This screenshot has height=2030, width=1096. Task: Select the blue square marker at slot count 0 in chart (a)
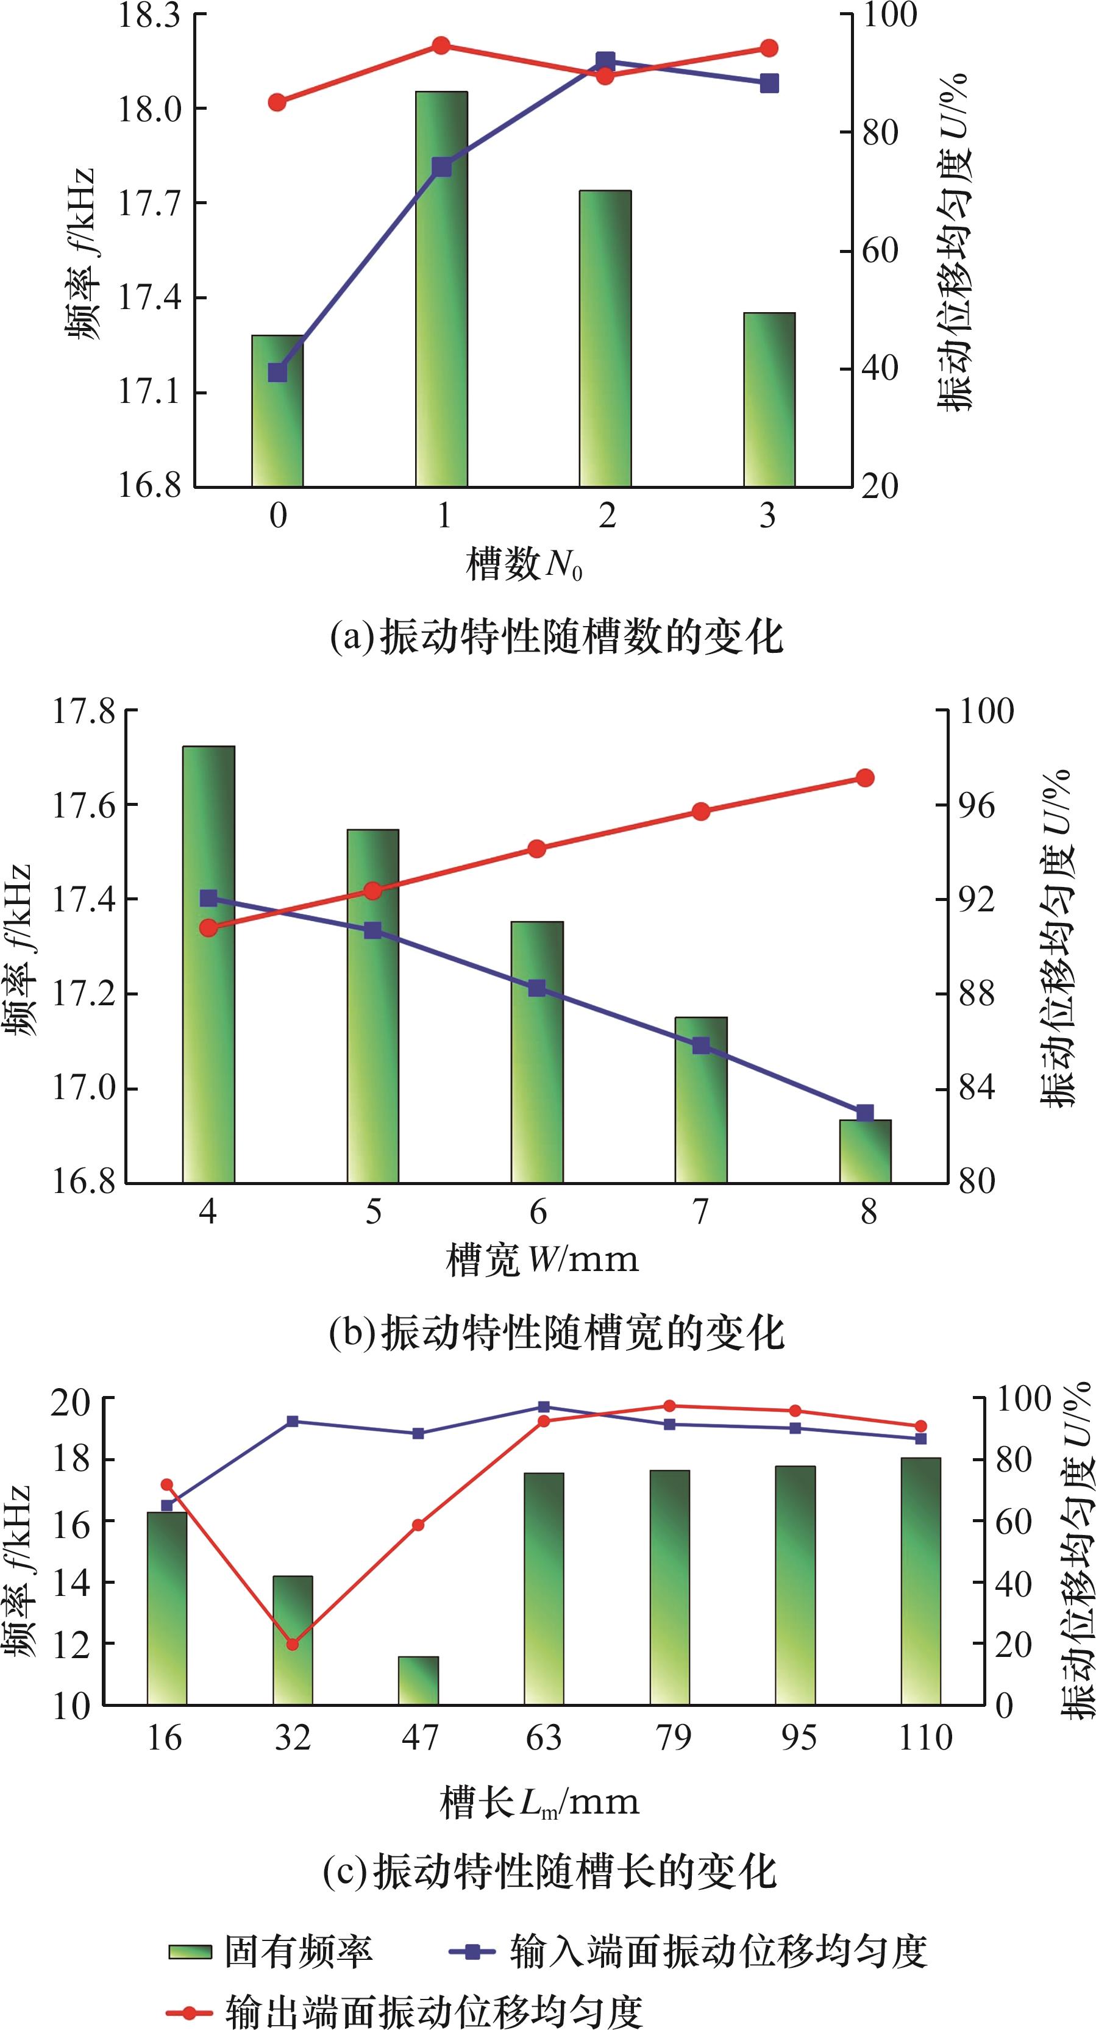(x=277, y=372)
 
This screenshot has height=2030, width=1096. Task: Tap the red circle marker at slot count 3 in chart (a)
(x=769, y=49)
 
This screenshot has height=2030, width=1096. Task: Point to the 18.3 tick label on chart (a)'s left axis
(x=149, y=16)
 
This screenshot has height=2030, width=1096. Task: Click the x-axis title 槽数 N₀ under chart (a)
(x=524, y=564)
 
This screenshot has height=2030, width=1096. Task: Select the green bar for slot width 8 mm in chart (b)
(x=864, y=1152)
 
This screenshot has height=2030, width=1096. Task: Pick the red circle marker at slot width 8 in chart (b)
(x=864, y=778)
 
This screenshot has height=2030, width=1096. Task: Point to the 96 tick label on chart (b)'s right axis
(x=977, y=805)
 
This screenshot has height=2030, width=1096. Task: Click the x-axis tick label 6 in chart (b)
(x=538, y=1212)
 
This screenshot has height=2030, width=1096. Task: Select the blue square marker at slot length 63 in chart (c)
(x=544, y=1406)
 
